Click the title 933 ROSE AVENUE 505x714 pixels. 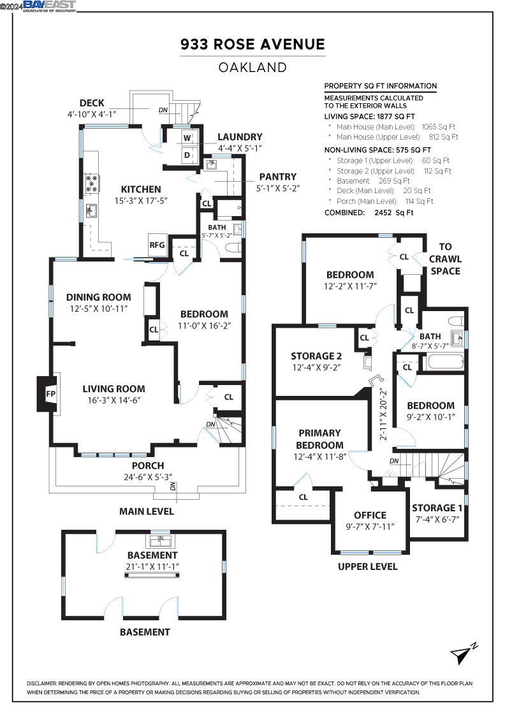(x=252, y=45)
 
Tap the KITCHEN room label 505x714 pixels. (x=141, y=189)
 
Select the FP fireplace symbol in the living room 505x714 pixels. (x=50, y=394)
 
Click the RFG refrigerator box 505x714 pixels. (x=157, y=245)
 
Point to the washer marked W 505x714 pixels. (x=187, y=138)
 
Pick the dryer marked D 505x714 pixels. (x=187, y=155)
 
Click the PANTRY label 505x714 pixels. (x=277, y=177)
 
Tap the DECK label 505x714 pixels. (x=92, y=103)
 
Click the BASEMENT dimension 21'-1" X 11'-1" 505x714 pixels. (x=152, y=567)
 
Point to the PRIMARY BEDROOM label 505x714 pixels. (x=318, y=439)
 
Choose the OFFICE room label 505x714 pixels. (x=370, y=515)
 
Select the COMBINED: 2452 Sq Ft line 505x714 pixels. (x=369, y=212)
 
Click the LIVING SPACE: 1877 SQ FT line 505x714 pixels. (x=370, y=117)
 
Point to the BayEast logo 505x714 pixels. (x=50, y=6)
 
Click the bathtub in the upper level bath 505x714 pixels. (x=439, y=364)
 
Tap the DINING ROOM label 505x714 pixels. (x=99, y=297)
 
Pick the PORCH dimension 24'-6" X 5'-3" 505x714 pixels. (x=148, y=477)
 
